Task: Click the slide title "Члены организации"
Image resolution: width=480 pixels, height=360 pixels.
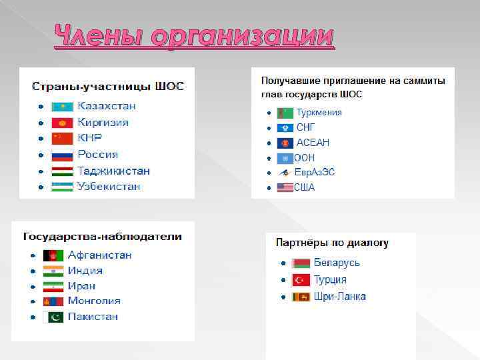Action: click(x=193, y=37)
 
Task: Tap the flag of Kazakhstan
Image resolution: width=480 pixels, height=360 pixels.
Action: click(x=62, y=107)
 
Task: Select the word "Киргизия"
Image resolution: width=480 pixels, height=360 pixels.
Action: click(x=103, y=123)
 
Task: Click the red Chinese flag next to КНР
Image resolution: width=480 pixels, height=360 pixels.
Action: click(x=62, y=139)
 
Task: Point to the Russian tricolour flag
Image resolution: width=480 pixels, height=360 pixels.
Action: click(x=62, y=155)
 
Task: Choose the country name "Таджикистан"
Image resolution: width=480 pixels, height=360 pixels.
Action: click(x=113, y=171)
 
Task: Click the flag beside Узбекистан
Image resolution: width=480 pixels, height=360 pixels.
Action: click(x=62, y=187)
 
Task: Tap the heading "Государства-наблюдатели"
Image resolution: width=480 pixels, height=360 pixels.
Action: click(x=102, y=237)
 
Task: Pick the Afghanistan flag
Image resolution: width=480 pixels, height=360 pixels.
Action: click(x=53, y=255)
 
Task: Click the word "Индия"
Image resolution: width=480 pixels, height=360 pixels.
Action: click(x=85, y=271)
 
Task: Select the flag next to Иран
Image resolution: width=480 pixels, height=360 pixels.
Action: click(x=53, y=286)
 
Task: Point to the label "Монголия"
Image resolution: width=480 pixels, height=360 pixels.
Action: click(x=93, y=301)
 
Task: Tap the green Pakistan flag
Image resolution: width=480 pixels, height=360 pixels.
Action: click(x=53, y=317)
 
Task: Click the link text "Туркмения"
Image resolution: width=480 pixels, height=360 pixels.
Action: click(x=319, y=113)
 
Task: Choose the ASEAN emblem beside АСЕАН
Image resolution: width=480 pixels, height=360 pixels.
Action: click(x=285, y=143)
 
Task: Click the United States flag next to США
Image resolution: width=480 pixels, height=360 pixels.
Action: click(x=285, y=188)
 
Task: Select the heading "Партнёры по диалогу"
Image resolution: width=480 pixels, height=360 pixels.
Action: click(x=332, y=243)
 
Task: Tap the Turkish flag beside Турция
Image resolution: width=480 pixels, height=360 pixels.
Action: click(x=301, y=280)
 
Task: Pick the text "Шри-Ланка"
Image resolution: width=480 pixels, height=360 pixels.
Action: click(x=340, y=297)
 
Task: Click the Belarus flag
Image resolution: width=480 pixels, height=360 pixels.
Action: click(x=301, y=263)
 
